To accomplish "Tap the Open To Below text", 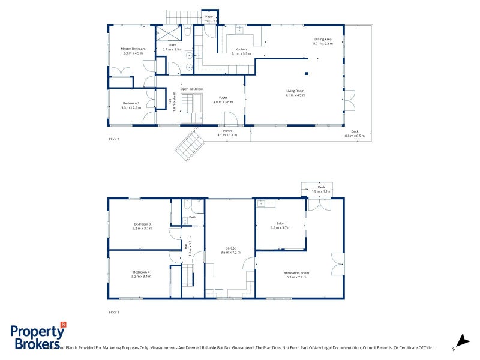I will click(192, 89).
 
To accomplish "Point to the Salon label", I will click(280, 226).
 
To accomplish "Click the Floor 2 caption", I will click(114, 139).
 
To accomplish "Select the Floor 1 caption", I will click(114, 312).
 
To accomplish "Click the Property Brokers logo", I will click(37, 337).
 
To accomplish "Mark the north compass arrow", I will click(460, 340).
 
